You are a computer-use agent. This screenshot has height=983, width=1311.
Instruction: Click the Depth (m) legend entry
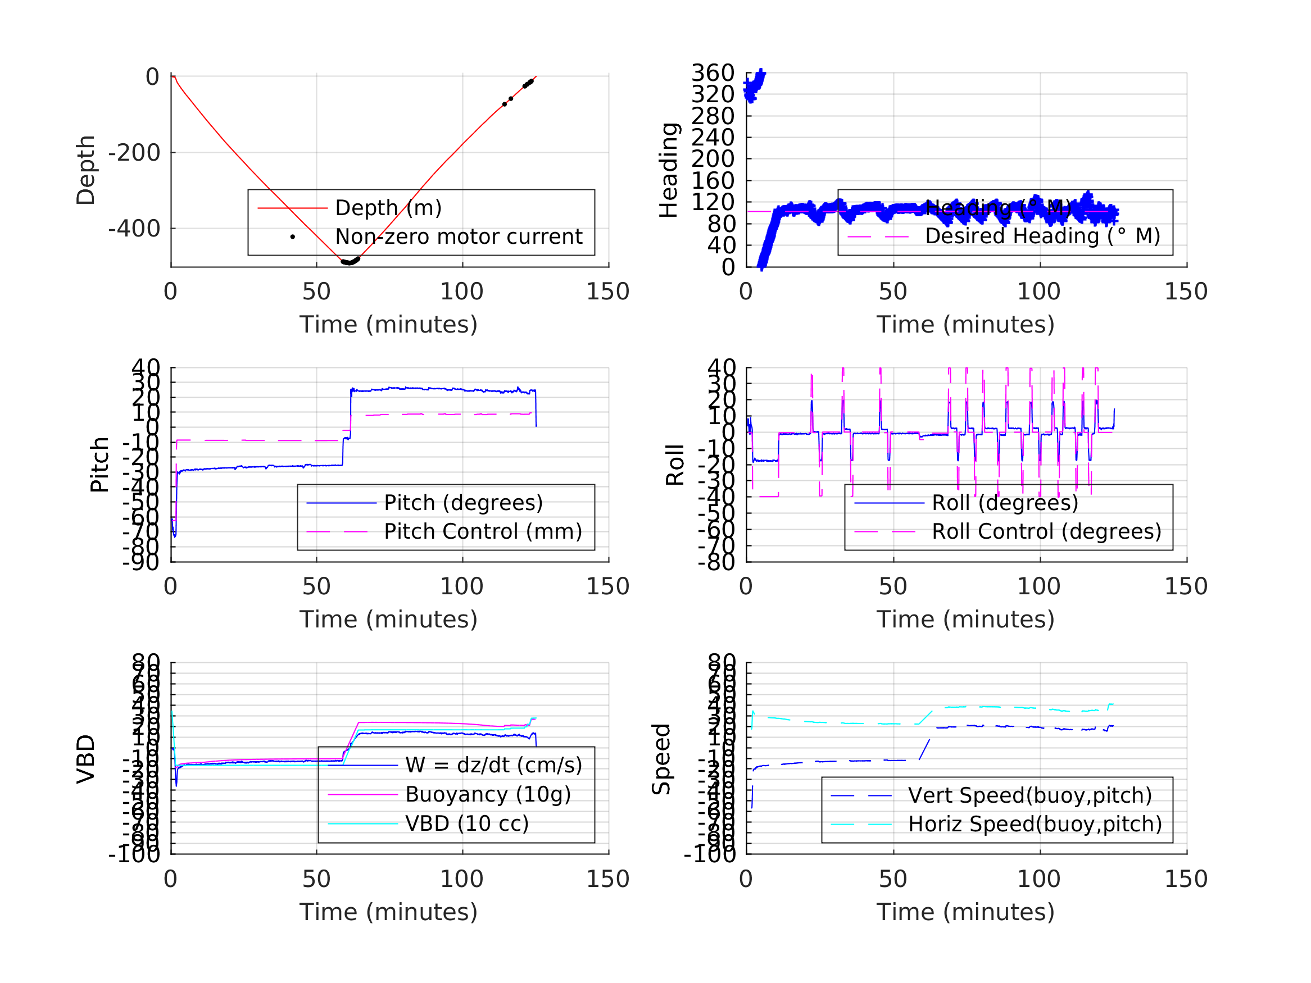388,208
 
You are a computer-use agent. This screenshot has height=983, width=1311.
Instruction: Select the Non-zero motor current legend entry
459,236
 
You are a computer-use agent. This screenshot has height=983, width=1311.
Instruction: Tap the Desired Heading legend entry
1042,236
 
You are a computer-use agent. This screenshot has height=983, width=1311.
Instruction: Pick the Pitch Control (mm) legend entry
483,531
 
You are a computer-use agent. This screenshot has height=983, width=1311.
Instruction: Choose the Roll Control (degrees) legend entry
1046,531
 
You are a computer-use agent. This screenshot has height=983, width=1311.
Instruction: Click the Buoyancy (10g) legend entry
488,794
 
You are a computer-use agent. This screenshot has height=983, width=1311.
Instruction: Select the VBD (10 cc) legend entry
466,823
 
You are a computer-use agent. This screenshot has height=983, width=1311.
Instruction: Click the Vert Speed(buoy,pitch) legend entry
1029,795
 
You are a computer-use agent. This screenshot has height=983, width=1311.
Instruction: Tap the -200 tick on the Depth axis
134,153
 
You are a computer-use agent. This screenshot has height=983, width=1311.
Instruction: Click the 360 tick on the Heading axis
713,73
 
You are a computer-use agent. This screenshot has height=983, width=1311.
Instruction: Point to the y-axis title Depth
86,170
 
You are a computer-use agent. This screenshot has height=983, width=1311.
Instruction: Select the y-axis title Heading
669,170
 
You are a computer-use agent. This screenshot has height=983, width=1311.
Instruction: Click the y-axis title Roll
675,465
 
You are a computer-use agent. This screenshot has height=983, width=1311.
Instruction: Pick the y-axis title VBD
86,759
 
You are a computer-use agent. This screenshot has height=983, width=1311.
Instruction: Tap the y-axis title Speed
661,759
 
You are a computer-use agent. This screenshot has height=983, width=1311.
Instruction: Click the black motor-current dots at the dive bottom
350,261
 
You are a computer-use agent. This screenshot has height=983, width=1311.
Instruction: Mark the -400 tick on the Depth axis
134,229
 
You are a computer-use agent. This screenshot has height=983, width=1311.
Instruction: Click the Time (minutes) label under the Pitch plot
388,619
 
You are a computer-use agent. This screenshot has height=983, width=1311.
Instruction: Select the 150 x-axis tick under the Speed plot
1186,879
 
